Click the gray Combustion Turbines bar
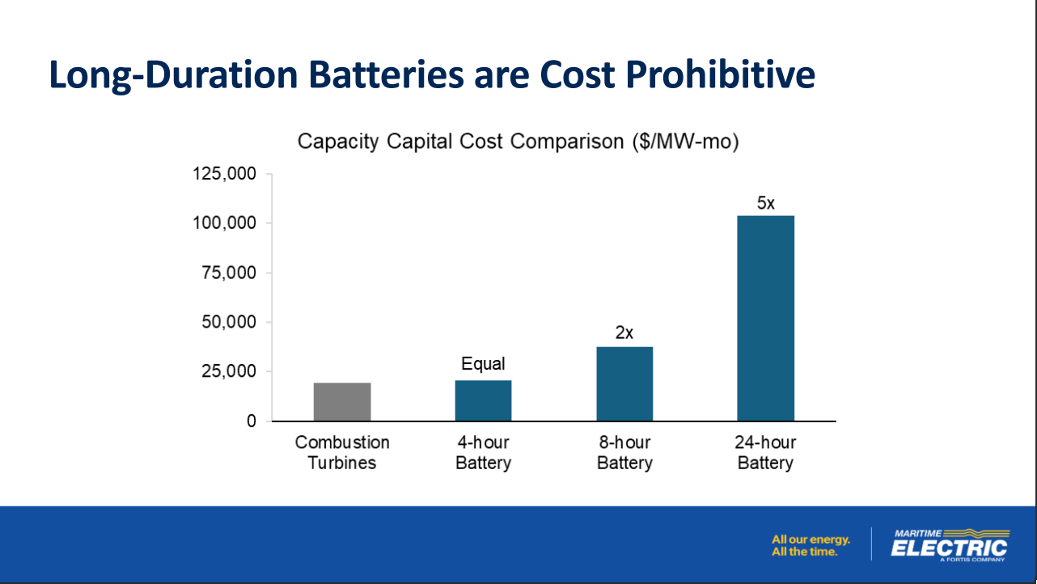[342, 402]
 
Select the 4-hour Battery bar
[484, 400]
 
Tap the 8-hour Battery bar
[624, 383]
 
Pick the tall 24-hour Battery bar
[766, 319]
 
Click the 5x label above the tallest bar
[766, 203]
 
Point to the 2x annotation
[624, 332]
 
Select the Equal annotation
[484, 364]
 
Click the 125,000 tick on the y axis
[224, 174]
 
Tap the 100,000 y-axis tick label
[224, 223]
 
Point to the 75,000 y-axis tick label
[229, 273]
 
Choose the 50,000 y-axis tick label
[229, 322]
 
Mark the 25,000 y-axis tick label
[229, 371]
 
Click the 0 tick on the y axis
[252, 421]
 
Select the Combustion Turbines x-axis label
[342, 453]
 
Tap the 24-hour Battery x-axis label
[765, 453]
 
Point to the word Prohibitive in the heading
[720, 75]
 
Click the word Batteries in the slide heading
[386, 75]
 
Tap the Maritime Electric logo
[950, 545]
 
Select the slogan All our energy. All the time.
[811, 546]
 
